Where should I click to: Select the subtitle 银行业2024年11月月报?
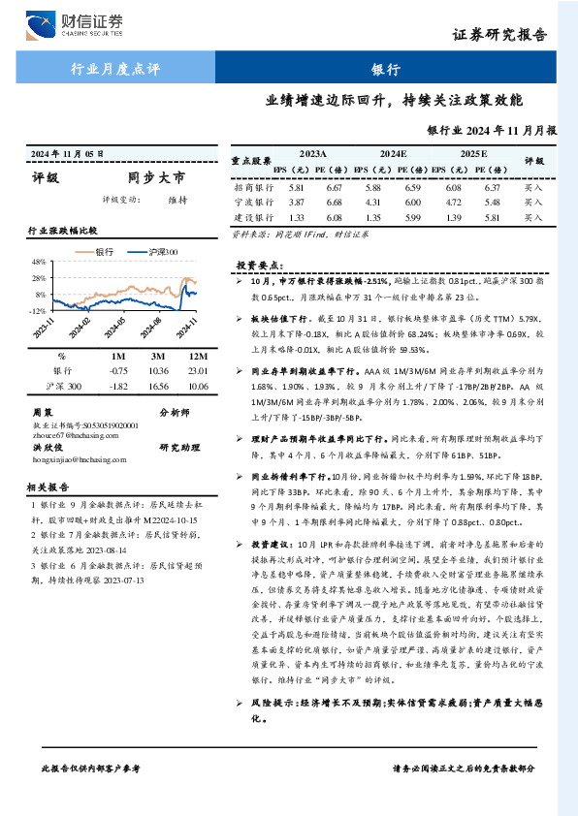click(x=492, y=129)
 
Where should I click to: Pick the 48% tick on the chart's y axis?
click(x=39, y=263)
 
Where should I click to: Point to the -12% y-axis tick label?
click(x=37, y=311)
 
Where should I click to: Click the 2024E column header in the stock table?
click(x=393, y=154)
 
